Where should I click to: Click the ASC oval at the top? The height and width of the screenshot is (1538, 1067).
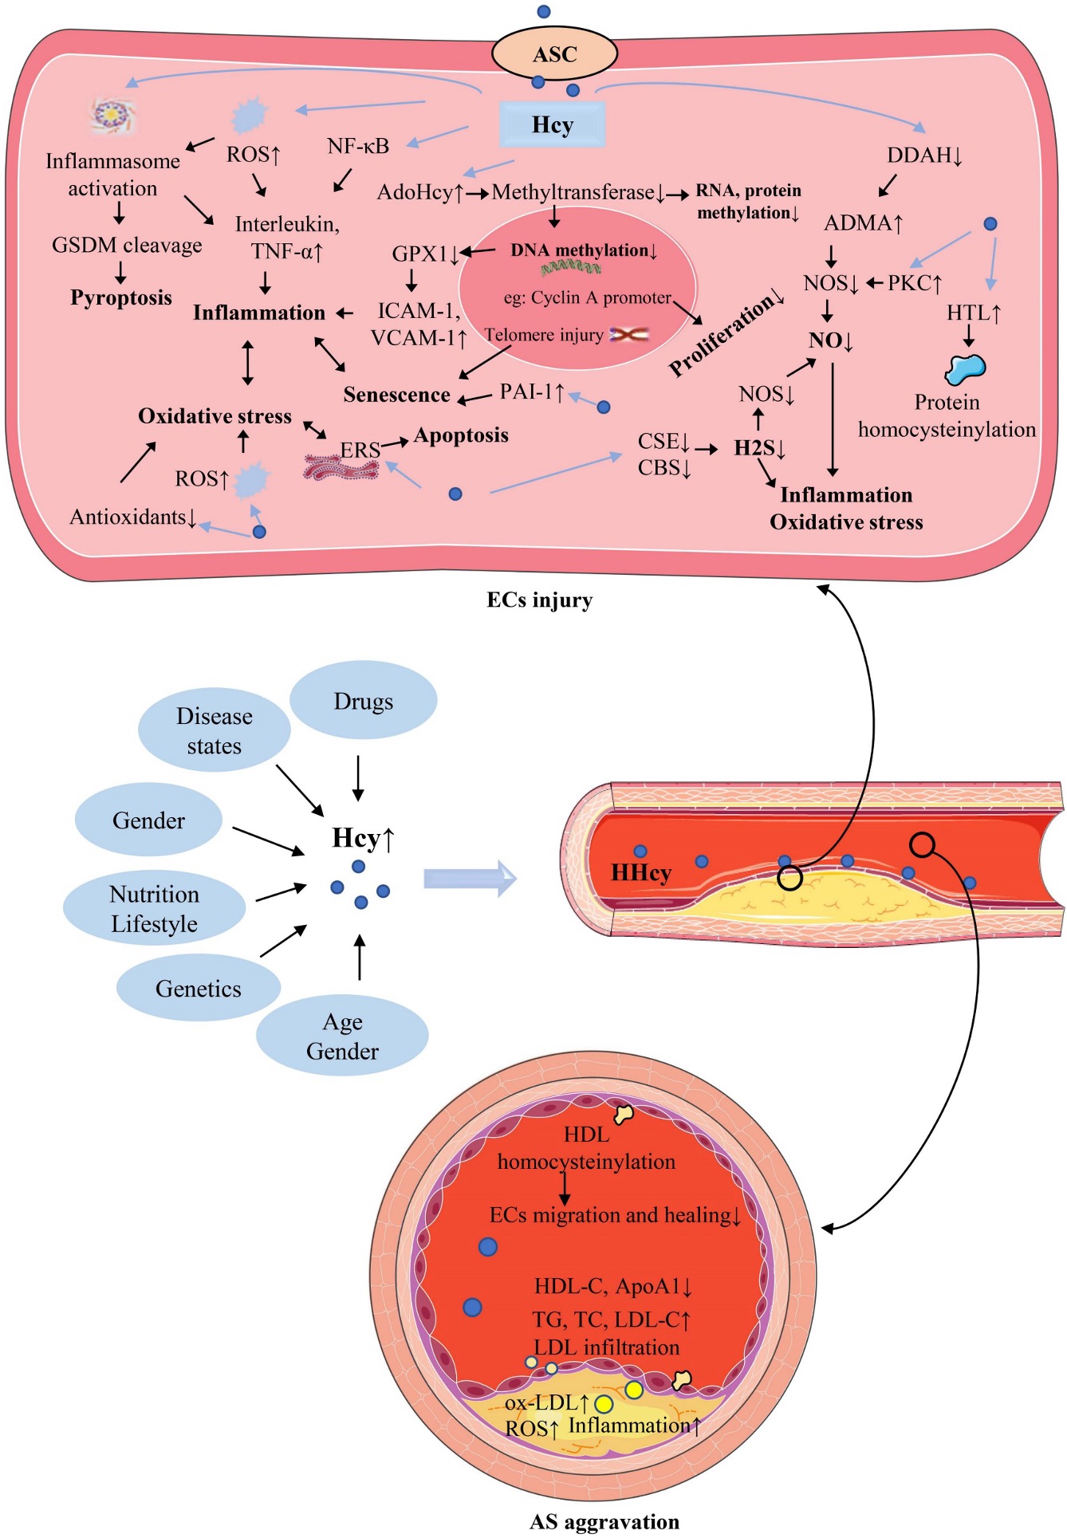click(x=554, y=54)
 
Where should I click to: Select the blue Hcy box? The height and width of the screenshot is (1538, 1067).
click(x=552, y=125)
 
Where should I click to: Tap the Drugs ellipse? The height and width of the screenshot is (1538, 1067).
click(x=363, y=702)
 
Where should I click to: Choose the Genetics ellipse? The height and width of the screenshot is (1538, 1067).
click(x=198, y=989)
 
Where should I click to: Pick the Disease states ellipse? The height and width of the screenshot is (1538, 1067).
click(x=214, y=730)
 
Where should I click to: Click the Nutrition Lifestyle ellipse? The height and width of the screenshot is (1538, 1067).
click(x=154, y=908)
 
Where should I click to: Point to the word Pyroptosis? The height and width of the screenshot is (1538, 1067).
click(x=121, y=297)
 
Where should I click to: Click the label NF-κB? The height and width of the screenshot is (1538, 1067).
click(x=358, y=146)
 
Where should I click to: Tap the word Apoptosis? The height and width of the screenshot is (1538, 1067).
click(x=461, y=435)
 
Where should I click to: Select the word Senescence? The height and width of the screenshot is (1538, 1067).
click(x=396, y=395)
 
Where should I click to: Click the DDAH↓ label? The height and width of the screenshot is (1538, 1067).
click(x=924, y=155)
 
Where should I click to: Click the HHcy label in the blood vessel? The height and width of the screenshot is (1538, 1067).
click(x=640, y=873)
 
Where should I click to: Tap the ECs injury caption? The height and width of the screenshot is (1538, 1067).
click(x=540, y=600)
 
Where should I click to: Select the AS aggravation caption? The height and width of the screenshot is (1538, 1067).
click(x=604, y=1521)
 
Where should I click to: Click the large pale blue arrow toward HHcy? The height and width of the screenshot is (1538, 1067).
click(x=470, y=879)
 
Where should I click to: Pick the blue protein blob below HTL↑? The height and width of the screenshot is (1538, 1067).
click(x=965, y=368)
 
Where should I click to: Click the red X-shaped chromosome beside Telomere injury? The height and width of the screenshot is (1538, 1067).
click(x=629, y=335)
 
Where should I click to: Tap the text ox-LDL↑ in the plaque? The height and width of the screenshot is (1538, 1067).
click(x=546, y=1402)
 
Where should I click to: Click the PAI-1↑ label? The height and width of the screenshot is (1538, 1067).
click(x=532, y=391)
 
